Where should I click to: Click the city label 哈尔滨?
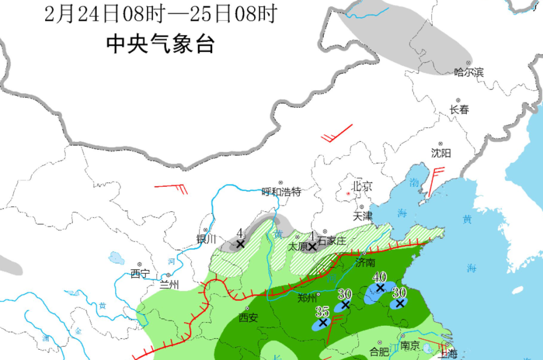469,72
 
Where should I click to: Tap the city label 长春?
459,109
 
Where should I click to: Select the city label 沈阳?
441,153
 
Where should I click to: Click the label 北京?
363,186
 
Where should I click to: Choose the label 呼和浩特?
281,192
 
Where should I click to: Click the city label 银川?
206,238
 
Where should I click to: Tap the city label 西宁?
140,274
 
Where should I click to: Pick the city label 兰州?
167,284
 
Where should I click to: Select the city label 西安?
248,318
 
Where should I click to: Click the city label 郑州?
308,298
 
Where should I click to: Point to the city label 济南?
365,262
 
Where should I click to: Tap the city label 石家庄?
331,240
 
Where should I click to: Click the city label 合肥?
379,352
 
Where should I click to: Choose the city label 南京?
410,345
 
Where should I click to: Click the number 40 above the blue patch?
379,277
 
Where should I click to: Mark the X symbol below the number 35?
323,322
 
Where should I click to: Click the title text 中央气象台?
160,44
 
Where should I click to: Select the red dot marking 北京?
349,193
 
